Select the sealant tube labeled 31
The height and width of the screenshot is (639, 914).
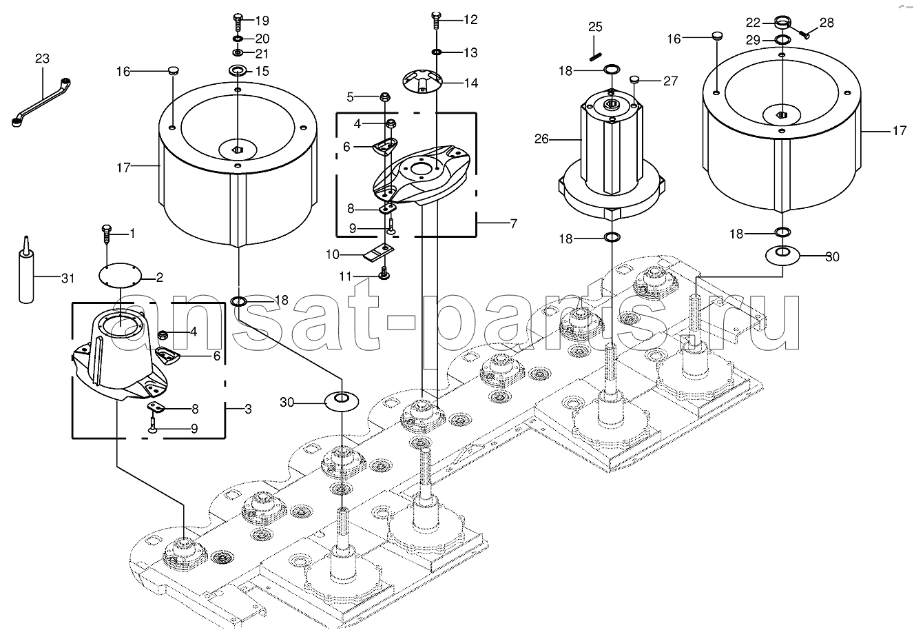point(26,274)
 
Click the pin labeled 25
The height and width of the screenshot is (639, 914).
point(595,47)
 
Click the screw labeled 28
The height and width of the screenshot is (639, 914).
point(804,30)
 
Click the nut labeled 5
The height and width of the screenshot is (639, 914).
point(386,97)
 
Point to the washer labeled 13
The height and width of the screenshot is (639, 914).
point(437,52)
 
